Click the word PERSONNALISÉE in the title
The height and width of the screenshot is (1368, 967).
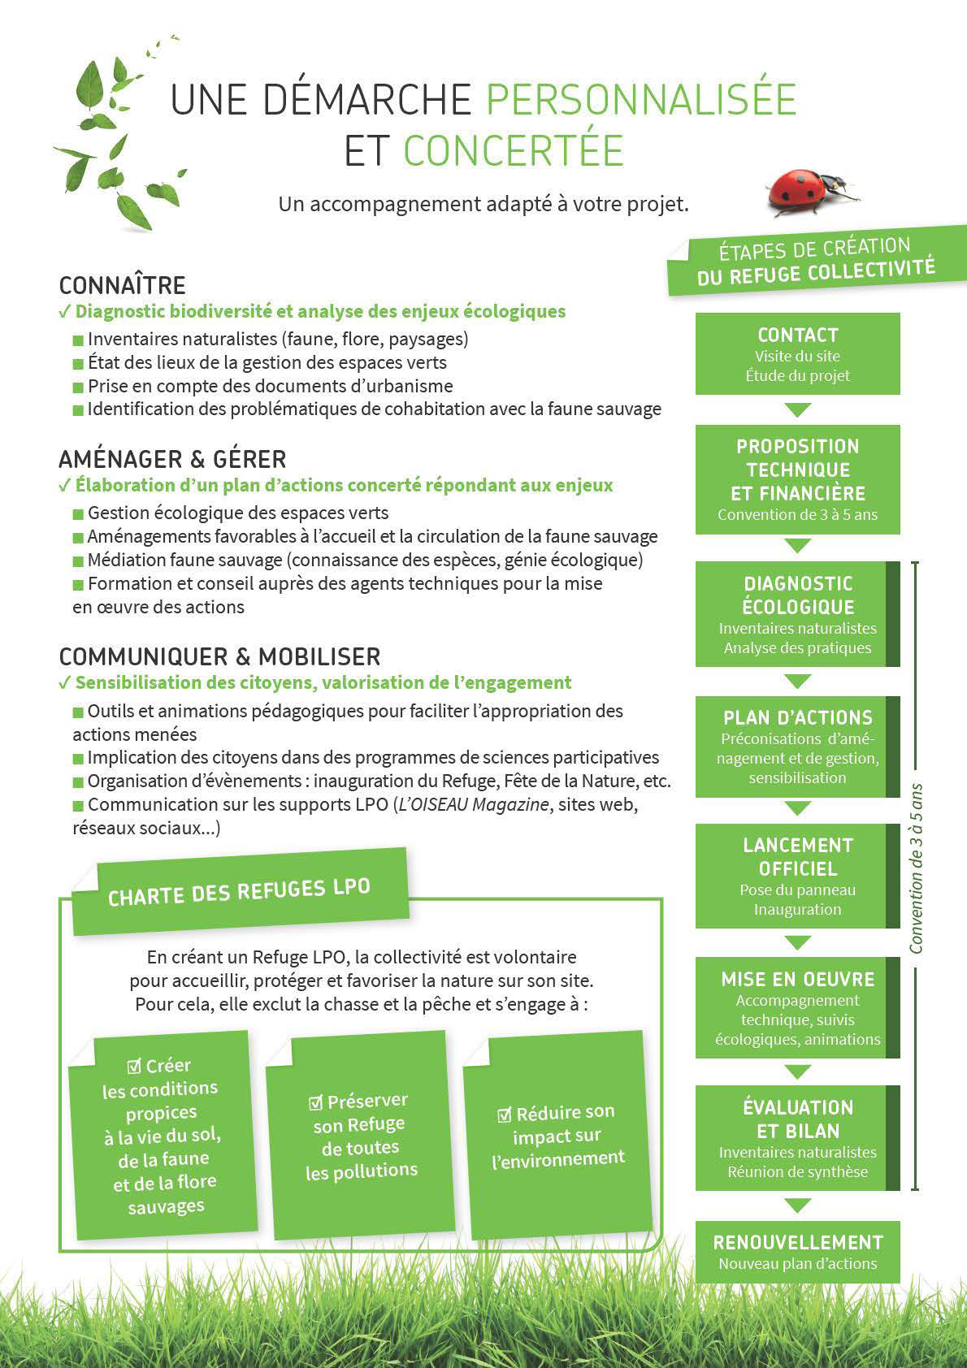(x=641, y=100)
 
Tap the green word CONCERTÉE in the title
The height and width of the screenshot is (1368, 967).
(x=513, y=151)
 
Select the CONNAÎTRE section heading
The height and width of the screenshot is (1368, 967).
(x=123, y=285)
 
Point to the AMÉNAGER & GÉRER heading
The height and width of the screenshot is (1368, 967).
(x=172, y=459)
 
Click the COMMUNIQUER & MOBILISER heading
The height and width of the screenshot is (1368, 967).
(x=219, y=656)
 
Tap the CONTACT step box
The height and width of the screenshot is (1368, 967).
(x=797, y=354)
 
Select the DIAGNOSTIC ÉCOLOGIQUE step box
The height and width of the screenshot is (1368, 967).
(x=797, y=614)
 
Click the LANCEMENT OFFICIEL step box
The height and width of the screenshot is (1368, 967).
(x=797, y=876)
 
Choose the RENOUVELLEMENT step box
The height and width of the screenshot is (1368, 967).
(x=797, y=1252)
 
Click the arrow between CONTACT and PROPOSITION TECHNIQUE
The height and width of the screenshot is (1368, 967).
(x=797, y=409)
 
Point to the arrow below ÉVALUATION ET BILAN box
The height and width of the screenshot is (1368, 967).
(x=797, y=1206)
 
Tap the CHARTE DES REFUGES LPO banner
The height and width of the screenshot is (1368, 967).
(x=239, y=891)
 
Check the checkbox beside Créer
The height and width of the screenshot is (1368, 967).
(x=135, y=1066)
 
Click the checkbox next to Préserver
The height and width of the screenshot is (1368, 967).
(x=316, y=1102)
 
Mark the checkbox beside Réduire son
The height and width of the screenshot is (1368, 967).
(x=505, y=1115)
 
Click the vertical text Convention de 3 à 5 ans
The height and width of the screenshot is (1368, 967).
(x=917, y=868)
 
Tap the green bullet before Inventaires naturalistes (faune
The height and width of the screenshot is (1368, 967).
(x=78, y=340)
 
